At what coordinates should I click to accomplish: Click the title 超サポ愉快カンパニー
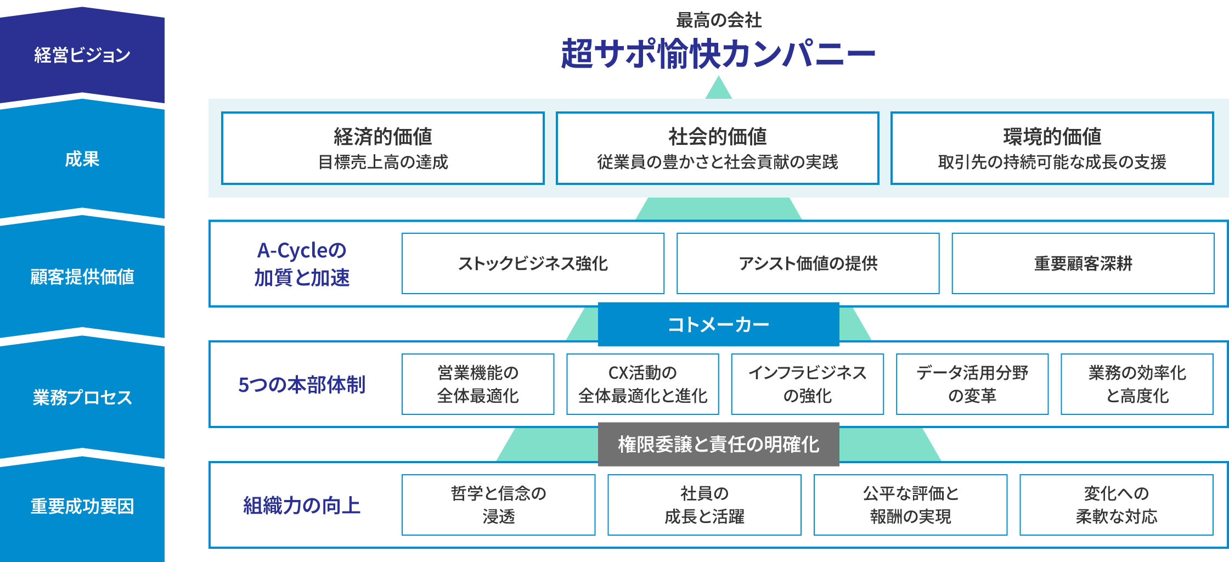718,54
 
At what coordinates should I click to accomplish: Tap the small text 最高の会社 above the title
718,20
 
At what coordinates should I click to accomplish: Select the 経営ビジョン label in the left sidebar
82,55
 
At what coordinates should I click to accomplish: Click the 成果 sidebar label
82,159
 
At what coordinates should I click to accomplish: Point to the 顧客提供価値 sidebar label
82,277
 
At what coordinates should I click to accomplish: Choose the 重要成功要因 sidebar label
82,506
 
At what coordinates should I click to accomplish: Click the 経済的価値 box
383,148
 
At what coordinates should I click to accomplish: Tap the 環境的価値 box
1052,148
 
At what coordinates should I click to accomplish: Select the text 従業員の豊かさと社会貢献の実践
717,162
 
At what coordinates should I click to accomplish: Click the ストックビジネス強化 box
533,263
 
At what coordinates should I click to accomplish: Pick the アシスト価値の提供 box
808,263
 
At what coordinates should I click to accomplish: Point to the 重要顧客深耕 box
1083,263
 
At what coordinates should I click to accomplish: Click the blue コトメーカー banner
718,324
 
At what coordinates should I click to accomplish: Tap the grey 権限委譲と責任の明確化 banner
718,444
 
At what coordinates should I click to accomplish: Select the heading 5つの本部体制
302,384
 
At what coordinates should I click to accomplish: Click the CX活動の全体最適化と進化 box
642,384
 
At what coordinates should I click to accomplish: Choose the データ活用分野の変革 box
972,384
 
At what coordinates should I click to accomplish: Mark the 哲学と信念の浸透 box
498,505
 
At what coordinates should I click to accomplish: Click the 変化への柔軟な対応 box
1116,505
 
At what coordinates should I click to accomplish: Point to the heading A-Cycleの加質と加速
302,264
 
